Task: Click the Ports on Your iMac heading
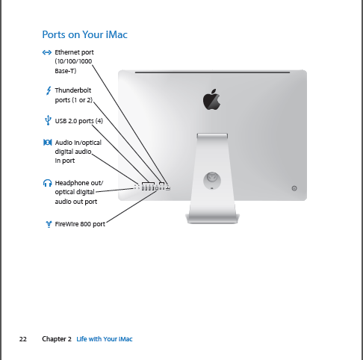pos(84,34)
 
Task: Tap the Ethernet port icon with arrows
pos(47,52)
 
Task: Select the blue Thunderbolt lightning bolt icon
pos(49,90)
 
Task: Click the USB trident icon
pos(48,120)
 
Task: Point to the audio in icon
pos(48,143)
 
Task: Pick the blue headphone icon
pos(47,183)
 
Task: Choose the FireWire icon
pos(49,224)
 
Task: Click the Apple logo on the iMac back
pos(212,99)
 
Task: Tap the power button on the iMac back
pos(294,188)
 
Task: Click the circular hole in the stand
pos(212,181)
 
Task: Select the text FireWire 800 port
pos(80,224)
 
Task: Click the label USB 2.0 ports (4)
pos(78,121)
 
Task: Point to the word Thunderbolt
pos(73,90)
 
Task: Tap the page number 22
pos(23,339)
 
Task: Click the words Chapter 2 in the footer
pos(57,339)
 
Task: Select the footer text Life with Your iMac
pos(105,339)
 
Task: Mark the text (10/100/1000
pos(73,61)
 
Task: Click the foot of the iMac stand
pos(212,219)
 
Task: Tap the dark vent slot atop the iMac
pos(212,72)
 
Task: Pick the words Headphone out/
pos(79,183)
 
